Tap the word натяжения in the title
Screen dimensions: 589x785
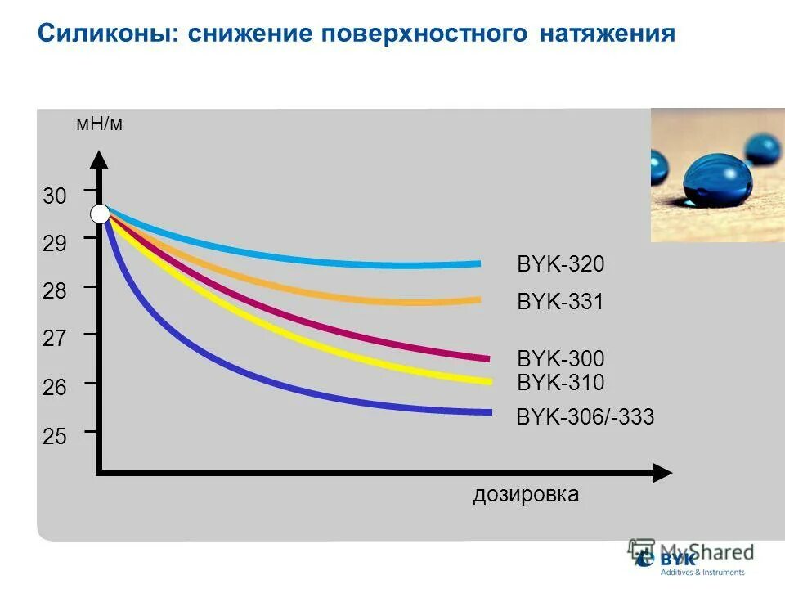pos(607,34)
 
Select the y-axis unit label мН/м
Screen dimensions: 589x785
pos(99,125)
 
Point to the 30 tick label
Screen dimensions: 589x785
pos(55,196)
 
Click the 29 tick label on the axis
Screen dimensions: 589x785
pos(55,243)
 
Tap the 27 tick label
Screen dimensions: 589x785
pos(55,339)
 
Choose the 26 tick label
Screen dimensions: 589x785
pos(55,387)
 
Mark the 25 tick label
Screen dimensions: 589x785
pos(55,436)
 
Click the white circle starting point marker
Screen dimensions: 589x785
pos(100,214)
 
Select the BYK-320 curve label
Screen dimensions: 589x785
pos(560,264)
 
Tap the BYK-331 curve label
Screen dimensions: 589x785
pos(560,303)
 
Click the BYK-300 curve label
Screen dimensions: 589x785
pos(560,358)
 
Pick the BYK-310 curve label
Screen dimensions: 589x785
pos(560,381)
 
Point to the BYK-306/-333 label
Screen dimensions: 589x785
pos(585,417)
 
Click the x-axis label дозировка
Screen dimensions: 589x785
pos(526,494)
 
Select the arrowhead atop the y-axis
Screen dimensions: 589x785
pos(98,160)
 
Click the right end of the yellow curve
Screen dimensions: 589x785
pos(489,380)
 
